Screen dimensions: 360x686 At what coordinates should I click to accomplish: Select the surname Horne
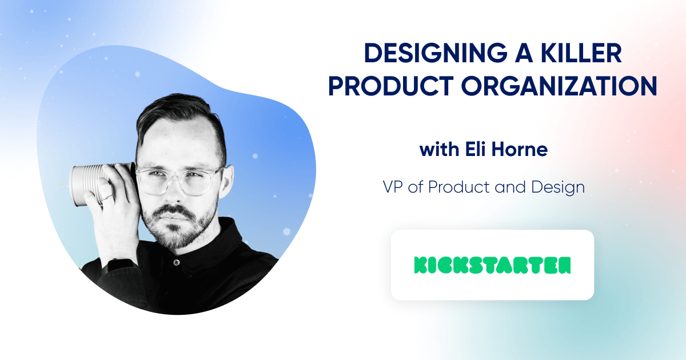523,150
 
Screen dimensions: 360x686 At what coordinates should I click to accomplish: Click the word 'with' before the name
438,150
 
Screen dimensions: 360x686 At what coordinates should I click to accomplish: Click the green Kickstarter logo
492,265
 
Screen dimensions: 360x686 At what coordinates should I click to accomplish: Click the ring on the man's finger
107,196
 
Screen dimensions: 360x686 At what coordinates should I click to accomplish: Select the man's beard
177,229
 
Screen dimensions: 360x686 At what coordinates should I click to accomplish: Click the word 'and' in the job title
504,187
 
